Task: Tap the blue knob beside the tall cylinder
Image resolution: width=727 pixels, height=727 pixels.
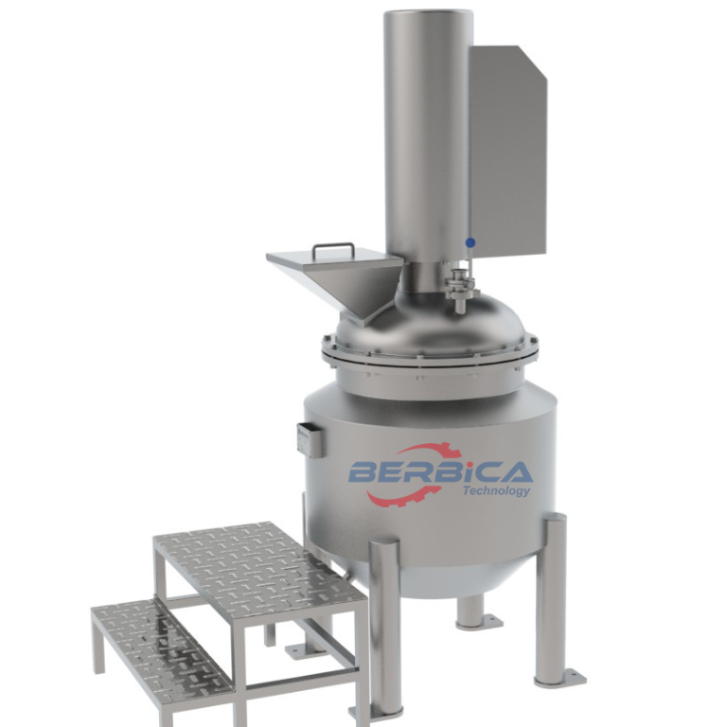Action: click(x=470, y=242)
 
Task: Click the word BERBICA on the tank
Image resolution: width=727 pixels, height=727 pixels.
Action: click(x=440, y=470)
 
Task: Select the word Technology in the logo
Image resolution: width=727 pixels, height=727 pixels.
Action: click(x=496, y=490)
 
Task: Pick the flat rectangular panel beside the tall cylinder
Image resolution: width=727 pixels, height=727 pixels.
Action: click(x=507, y=151)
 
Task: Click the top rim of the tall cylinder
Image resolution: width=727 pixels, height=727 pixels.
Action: click(x=428, y=13)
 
